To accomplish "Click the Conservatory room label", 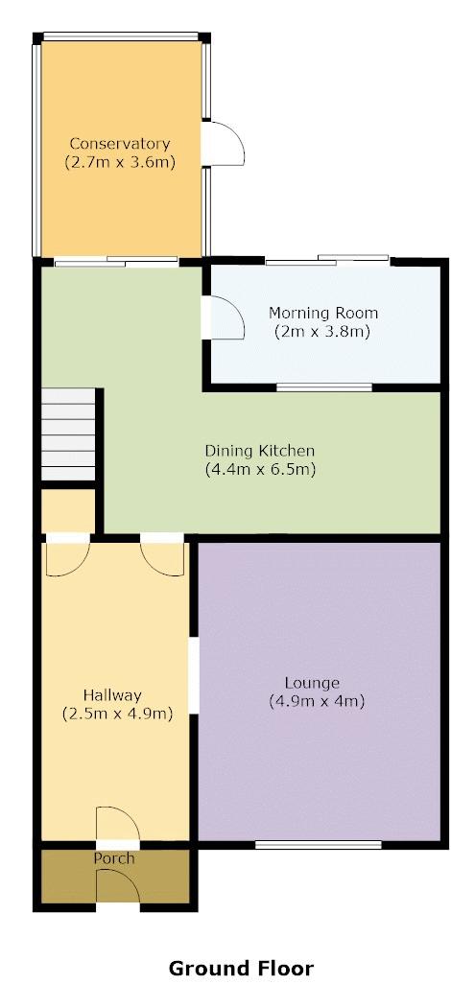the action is click(119, 144).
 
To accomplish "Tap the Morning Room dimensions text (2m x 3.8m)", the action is click(322, 331).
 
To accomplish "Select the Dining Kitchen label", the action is click(259, 451).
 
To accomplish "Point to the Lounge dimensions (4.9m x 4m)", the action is click(318, 701).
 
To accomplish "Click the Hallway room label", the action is click(112, 695).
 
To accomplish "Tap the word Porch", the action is click(114, 857).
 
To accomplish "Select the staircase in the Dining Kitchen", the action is click(68, 434).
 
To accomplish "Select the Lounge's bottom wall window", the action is click(319, 845).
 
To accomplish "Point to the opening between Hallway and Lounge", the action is click(194, 675).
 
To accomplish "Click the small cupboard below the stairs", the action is click(68, 510).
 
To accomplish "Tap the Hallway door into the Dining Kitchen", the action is click(163, 554).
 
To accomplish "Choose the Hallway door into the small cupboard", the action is click(68, 554).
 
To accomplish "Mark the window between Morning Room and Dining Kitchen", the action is click(324, 388).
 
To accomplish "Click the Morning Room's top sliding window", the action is click(327, 260).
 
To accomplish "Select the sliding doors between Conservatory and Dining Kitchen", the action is click(116, 263).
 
